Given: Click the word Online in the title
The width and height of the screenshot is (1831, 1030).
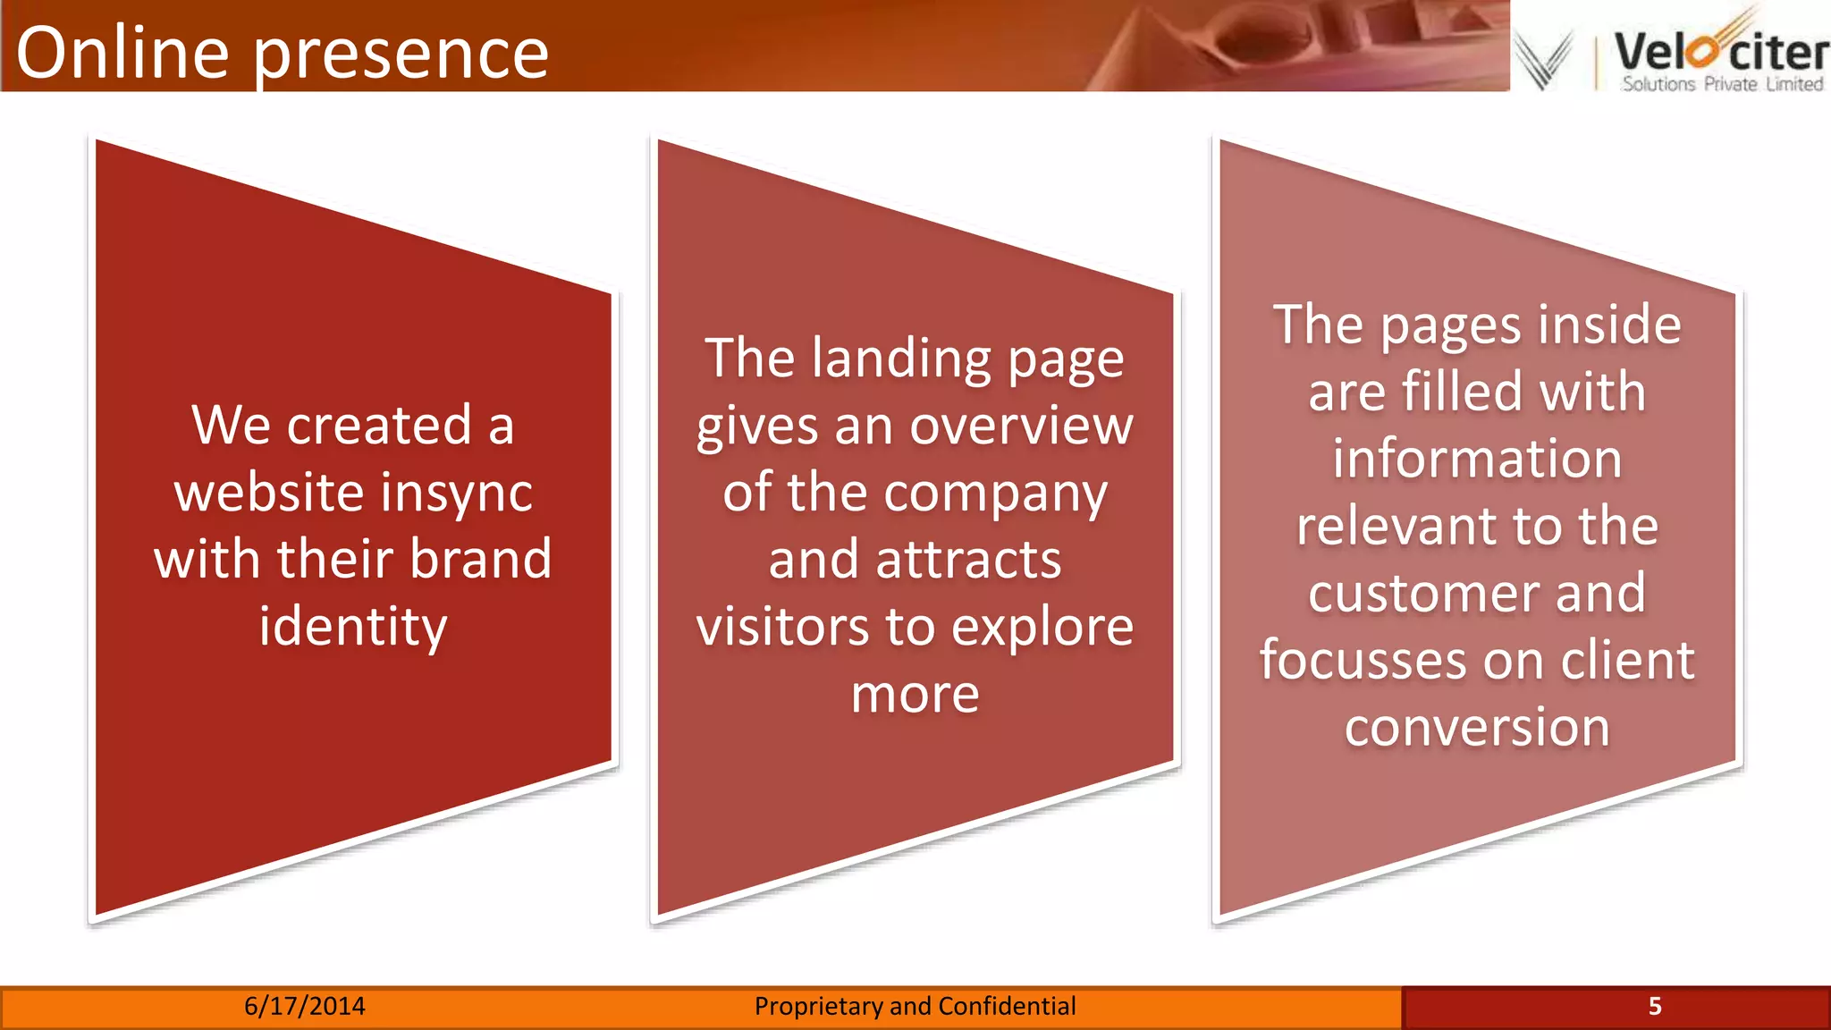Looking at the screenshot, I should click(122, 53).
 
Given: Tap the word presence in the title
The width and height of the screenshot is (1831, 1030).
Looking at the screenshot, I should click(401, 55).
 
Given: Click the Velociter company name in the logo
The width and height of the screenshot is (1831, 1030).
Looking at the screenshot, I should click(1720, 52).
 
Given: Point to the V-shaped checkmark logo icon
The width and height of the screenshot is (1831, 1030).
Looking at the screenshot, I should click(1543, 59).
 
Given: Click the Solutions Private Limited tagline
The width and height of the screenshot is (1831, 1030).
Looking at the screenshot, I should click(1722, 84).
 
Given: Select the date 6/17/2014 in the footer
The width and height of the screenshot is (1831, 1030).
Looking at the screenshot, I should click(305, 1007).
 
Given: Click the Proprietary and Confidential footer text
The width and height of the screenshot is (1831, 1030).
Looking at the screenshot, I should click(915, 1007).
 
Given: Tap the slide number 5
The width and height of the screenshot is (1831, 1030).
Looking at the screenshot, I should click(1655, 1007).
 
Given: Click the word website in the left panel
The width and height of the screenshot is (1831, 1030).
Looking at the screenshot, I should click(269, 493).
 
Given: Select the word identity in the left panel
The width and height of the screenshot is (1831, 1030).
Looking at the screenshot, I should click(353, 627).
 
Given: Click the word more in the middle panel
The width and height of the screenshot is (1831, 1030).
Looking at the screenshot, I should click(915, 695).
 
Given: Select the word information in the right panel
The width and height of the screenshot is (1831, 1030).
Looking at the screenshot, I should click(1477, 459).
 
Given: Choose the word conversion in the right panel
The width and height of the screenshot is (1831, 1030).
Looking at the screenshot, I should click(1477, 727).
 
